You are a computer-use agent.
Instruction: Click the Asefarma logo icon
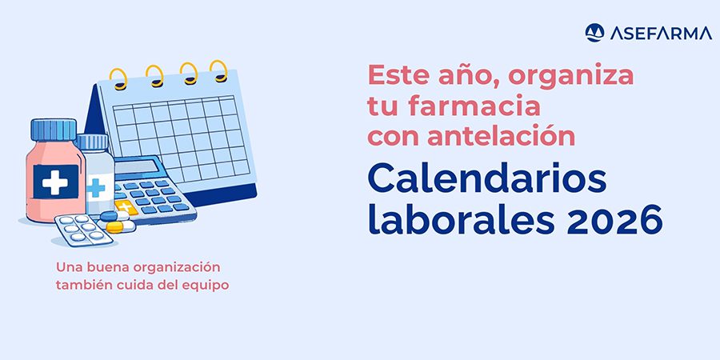click(x=594, y=32)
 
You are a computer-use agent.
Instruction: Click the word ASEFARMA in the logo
click(x=650, y=33)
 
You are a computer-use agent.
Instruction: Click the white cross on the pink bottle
click(x=55, y=182)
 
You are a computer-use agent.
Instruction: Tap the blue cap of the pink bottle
click(x=54, y=129)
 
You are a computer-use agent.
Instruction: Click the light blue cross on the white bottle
click(x=96, y=189)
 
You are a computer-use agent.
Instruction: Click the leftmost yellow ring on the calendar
click(x=118, y=78)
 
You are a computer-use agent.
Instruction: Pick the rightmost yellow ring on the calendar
click(x=218, y=69)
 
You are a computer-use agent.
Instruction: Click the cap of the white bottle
click(x=93, y=142)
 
